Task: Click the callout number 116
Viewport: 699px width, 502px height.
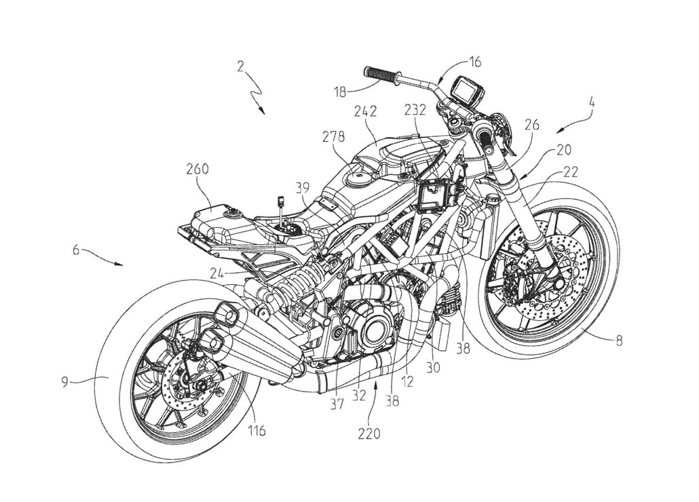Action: tap(256, 430)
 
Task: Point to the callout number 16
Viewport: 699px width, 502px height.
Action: tap(474, 62)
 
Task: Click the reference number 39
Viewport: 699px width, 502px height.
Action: tap(303, 187)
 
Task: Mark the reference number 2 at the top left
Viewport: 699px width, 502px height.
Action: tap(240, 66)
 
